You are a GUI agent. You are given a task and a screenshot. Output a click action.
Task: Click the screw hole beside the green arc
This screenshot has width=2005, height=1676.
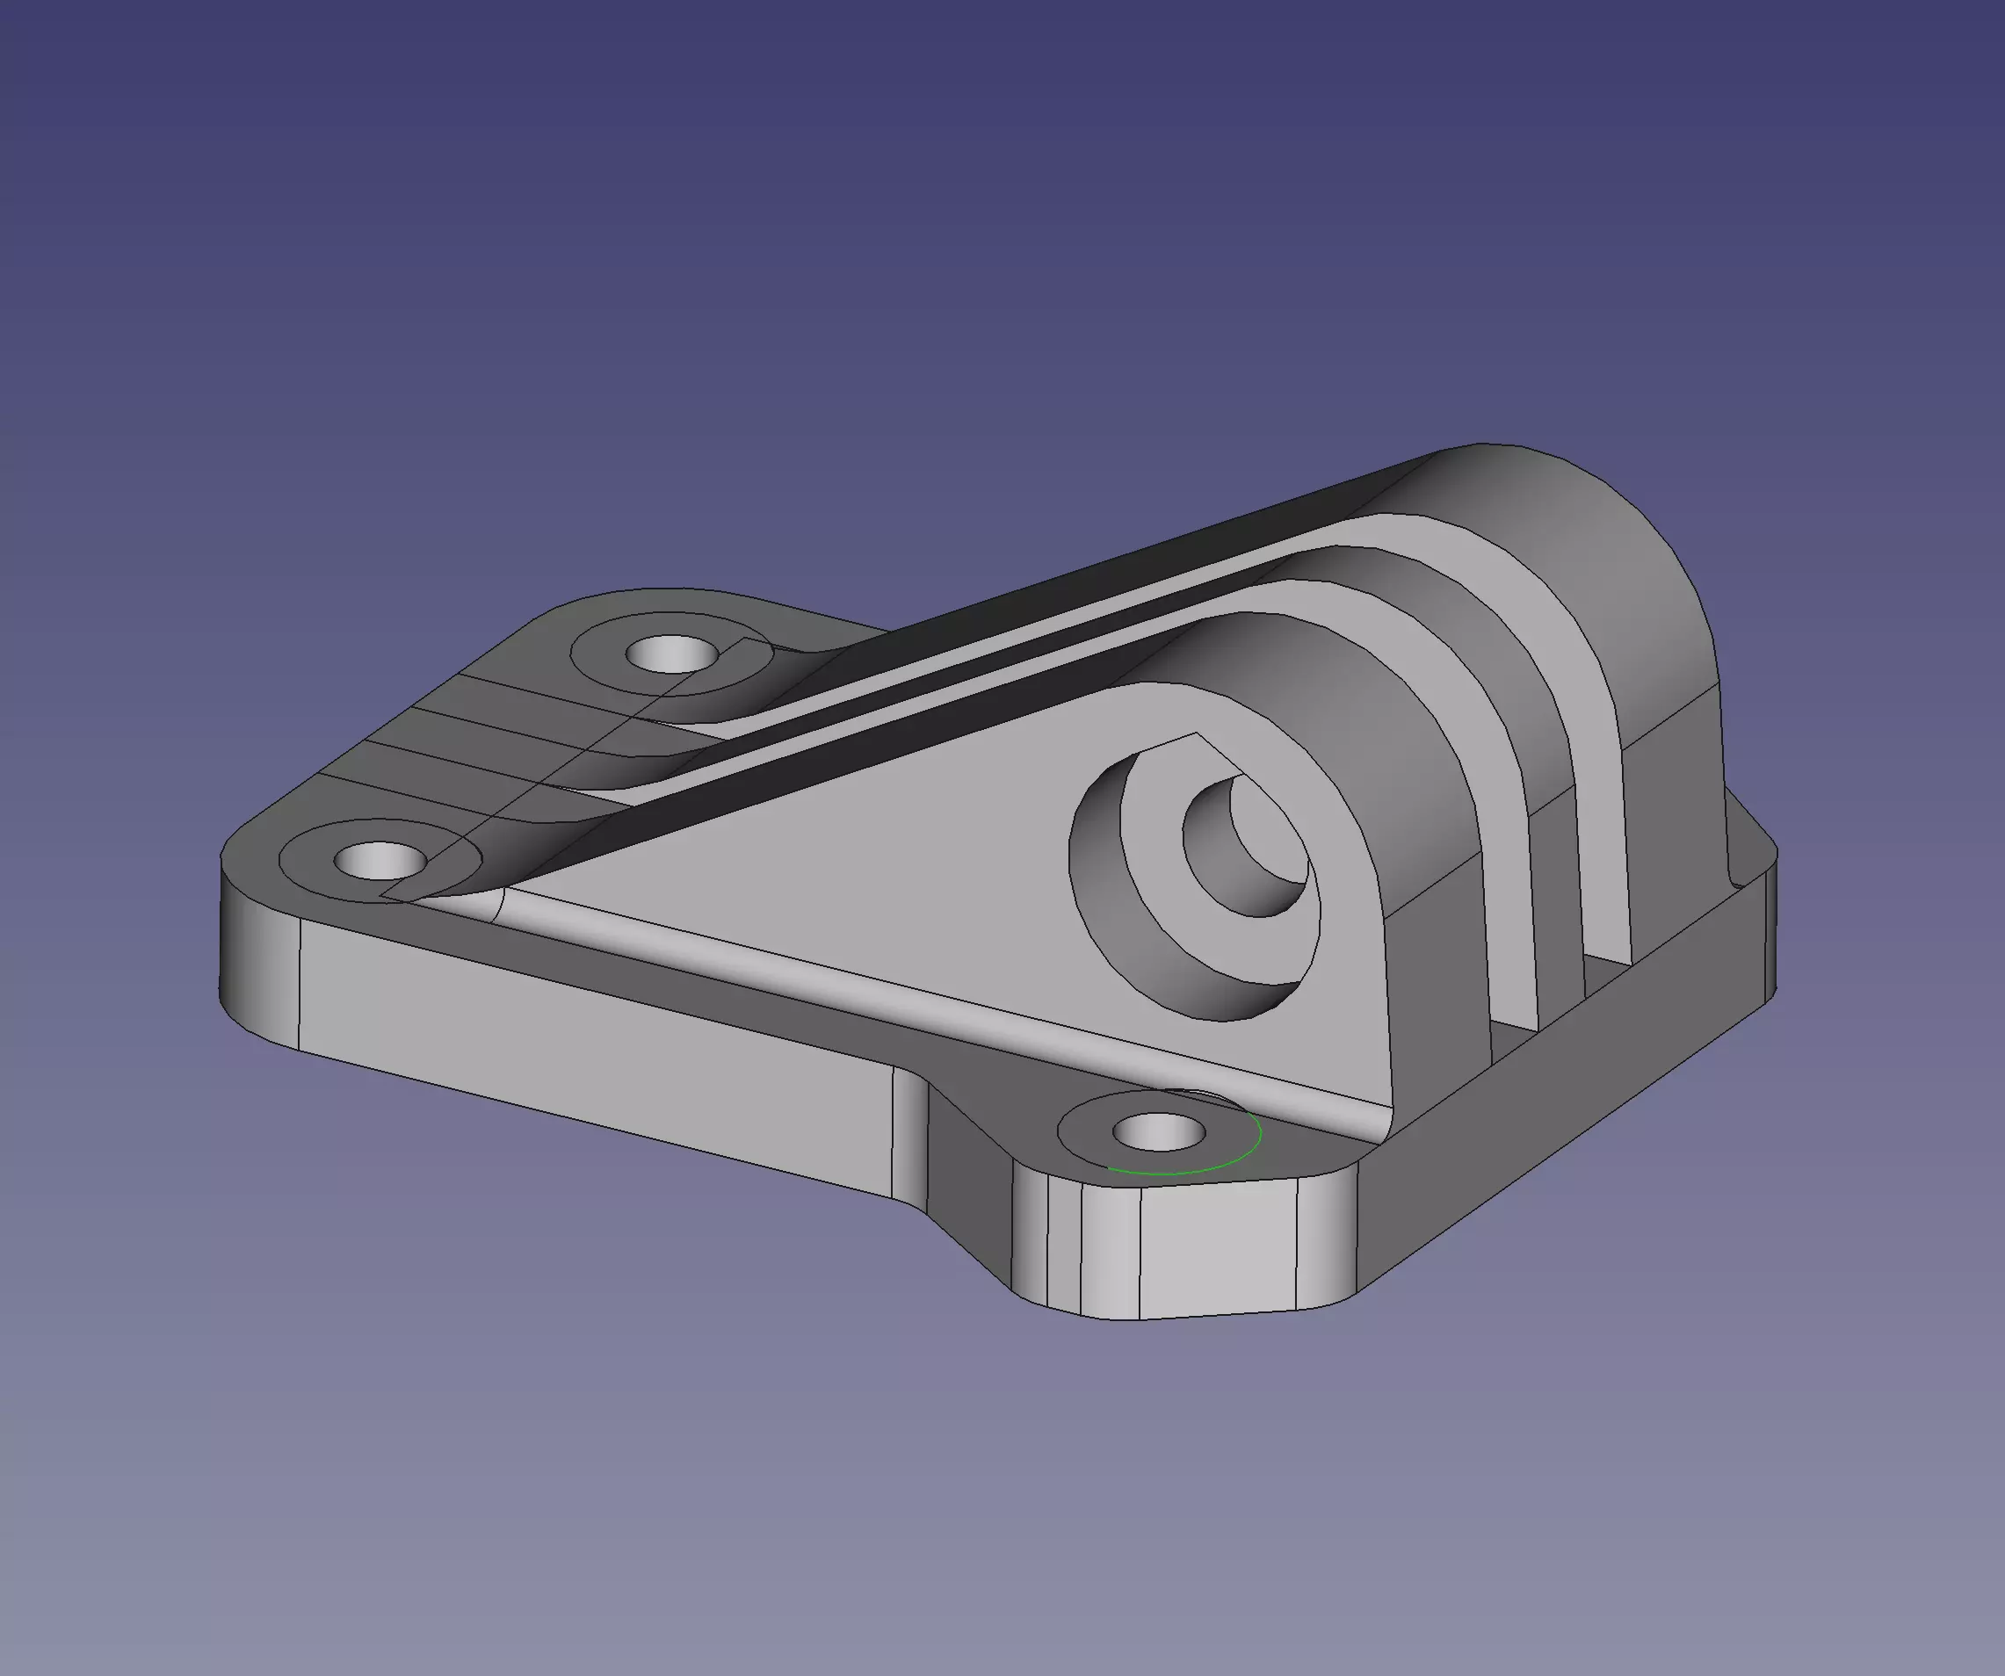[1159, 1135]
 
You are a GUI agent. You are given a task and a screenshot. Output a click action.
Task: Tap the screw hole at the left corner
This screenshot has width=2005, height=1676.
[380, 860]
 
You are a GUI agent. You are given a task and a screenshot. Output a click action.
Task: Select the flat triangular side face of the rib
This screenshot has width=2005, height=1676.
[859, 859]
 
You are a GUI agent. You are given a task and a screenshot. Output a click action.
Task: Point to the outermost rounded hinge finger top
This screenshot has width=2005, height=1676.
[1566, 534]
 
